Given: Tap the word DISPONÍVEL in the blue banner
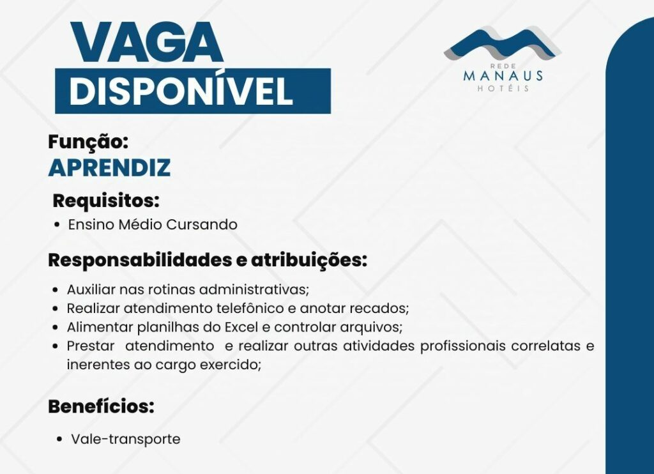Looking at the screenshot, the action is point(181,91).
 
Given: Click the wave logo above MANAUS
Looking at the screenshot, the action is point(502,43).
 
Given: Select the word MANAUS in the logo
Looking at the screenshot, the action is point(503,75).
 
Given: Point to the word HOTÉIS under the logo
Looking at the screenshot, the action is point(503,88).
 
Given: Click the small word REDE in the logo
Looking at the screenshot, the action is point(503,66).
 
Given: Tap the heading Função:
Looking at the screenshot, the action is point(88,142).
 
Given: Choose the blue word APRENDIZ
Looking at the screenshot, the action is point(109,167).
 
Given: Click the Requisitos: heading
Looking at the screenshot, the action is point(106,201).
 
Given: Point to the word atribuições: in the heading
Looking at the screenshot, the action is point(309,261).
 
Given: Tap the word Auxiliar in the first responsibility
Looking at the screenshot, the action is point(91,289).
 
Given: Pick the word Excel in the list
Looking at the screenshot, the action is point(241,326).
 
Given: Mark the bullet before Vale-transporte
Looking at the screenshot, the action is point(60,440).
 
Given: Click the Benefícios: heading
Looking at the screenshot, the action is point(101,406).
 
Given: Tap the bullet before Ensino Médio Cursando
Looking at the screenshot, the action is point(57,224).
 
